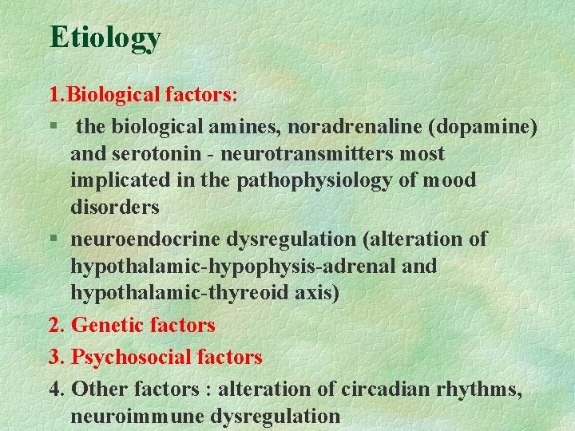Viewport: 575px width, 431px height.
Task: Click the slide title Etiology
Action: (105, 37)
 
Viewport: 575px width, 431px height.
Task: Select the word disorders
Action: (115, 208)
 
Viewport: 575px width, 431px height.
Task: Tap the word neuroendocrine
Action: (145, 239)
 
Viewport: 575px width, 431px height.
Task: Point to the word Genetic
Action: (108, 325)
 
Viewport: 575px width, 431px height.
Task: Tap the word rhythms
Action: (475, 389)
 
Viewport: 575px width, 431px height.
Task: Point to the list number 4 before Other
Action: (55, 389)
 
